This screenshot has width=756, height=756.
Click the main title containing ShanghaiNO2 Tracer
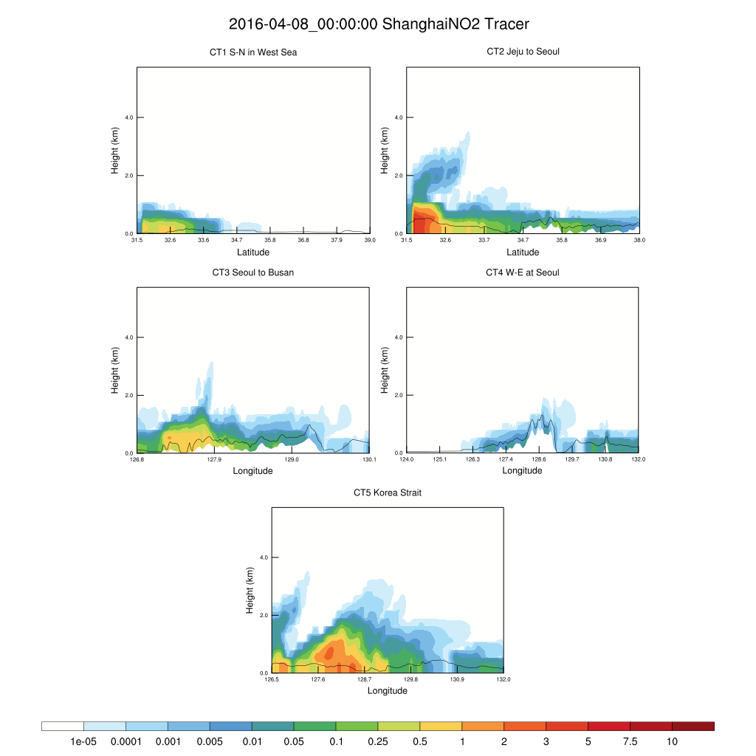click(x=379, y=24)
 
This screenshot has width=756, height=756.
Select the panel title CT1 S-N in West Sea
click(x=253, y=52)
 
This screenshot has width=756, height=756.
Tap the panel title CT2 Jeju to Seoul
click(x=523, y=52)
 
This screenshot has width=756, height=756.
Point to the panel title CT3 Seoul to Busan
click(x=253, y=272)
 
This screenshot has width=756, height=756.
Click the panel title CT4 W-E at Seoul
click(x=523, y=272)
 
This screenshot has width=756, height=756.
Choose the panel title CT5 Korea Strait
click(x=388, y=492)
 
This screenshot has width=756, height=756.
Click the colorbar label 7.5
click(x=630, y=741)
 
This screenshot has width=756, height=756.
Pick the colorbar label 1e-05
click(x=83, y=741)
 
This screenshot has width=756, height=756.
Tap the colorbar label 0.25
click(x=378, y=741)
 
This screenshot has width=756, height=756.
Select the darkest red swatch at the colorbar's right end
click(x=693, y=726)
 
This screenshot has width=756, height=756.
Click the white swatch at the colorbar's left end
click(x=63, y=726)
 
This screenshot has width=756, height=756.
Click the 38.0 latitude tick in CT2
click(x=639, y=240)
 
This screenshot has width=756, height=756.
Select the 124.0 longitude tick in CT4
click(x=407, y=460)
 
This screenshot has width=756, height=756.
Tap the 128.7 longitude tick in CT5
click(x=365, y=680)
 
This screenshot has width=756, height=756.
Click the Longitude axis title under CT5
click(x=388, y=691)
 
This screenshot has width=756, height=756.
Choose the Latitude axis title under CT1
click(x=253, y=252)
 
